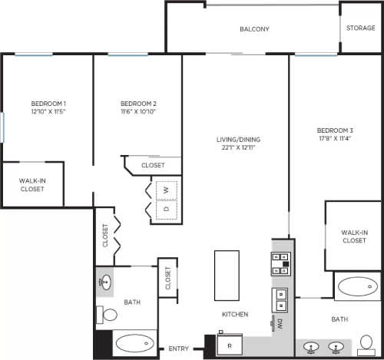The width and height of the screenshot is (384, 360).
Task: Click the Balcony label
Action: click(x=254, y=29)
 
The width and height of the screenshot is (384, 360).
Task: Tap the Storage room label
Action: click(x=360, y=28)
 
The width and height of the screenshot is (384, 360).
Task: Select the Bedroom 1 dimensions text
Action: click(x=48, y=111)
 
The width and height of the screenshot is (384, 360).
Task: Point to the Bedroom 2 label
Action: click(x=139, y=104)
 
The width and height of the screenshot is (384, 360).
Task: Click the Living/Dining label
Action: click(x=238, y=139)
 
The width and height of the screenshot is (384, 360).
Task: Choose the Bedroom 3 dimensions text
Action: click(x=333, y=139)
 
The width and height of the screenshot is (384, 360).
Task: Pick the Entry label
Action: click(x=179, y=350)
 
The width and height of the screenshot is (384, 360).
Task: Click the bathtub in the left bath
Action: click(x=134, y=345)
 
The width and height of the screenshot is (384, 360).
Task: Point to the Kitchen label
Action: click(x=235, y=315)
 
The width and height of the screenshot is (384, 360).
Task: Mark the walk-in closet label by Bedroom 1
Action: click(x=31, y=184)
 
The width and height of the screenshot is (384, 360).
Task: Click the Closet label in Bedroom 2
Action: click(x=152, y=165)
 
